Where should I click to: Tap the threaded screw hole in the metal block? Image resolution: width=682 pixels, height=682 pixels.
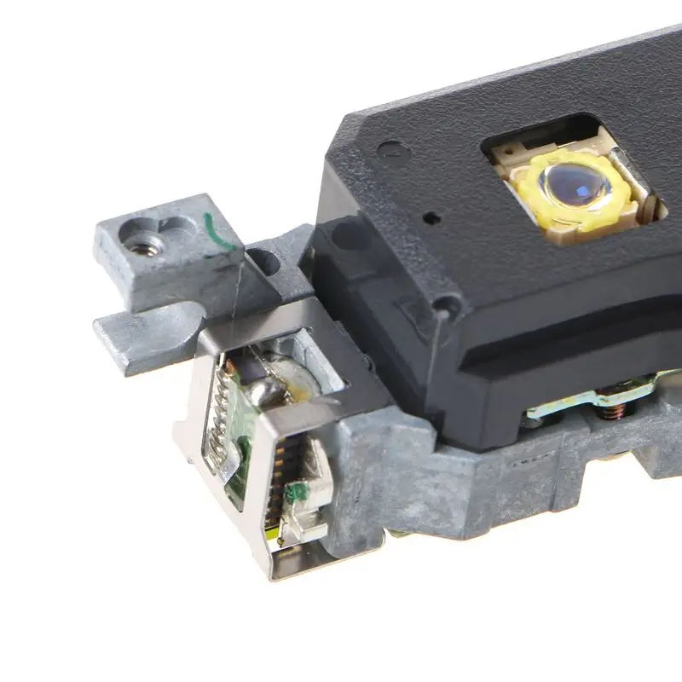tap(151, 247)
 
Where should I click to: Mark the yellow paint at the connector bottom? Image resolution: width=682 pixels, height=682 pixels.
tap(275, 533)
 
